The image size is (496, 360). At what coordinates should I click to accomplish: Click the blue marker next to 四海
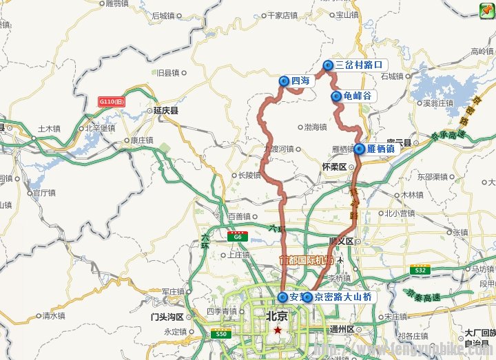pyautogui.click(x=284, y=81)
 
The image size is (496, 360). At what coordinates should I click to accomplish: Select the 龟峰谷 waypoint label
pyautogui.click(x=357, y=96)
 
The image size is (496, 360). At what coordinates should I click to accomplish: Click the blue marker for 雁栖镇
pyautogui.click(x=360, y=148)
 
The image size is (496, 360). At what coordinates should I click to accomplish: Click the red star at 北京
pyautogui.click(x=277, y=330)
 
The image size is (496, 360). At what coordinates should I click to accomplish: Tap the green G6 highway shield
pyautogui.click(x=238, y=235)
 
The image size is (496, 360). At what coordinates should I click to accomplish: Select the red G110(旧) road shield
pyautogui.click(x=112, y=101)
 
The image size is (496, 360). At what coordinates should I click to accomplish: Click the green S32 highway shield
pyautogui.click(x=420, y=270)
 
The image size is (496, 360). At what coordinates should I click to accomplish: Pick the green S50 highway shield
pyautogui.click(x=220, y=334)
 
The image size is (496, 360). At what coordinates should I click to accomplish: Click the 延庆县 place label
pyautogui.click(x=167, y=110)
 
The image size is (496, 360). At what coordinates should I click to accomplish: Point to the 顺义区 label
pyautogui.click(x=341, y=241)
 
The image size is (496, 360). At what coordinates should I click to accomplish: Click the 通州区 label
pyautogui.click(x=341, y=328)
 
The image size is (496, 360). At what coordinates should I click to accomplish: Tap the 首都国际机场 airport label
pyautogui.click(x=306, y=260)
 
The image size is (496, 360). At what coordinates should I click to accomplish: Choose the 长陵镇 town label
pyautogui.click(x=249, y=176)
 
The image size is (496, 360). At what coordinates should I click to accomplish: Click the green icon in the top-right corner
pyautogui.click(x=486, y=8)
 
